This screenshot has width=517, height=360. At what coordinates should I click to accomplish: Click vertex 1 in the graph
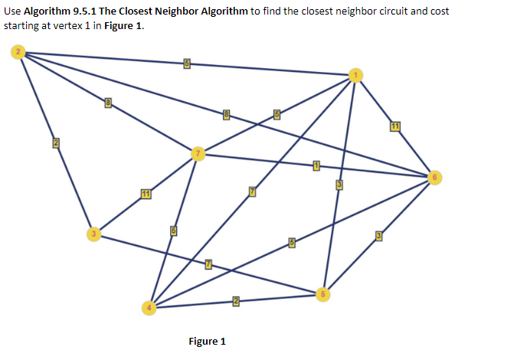pos(355,74)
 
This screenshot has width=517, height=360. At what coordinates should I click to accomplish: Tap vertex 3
pos(93,233)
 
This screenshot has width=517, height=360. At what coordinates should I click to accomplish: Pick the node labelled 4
pos(150,307)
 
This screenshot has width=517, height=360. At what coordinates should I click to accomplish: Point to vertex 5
pos(323,293)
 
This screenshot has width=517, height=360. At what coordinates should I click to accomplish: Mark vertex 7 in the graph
pos(198,154)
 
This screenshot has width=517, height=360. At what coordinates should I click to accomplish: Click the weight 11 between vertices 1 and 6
pos(395,126)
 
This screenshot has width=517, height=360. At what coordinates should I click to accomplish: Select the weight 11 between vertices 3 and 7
pos(145,192)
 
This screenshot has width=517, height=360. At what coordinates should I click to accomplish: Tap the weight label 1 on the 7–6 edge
pos(316,165)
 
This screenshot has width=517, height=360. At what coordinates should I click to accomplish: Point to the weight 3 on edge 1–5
pos(339,184)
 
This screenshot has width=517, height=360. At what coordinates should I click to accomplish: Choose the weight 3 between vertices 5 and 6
pos(378,236)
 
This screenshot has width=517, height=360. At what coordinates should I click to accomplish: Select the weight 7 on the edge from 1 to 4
pos(251,191)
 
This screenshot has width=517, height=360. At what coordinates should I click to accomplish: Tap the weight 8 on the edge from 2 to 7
pos(109,103)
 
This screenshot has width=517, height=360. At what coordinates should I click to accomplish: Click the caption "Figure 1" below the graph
pos(207,341)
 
